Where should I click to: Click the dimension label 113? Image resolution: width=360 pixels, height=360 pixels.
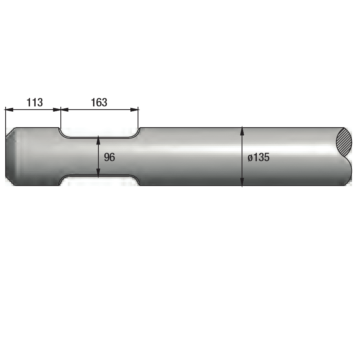(x=35, y=102)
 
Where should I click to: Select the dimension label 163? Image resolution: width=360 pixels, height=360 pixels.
(x=99, y=102)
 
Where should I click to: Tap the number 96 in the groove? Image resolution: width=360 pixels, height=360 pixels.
(x=109, y=157)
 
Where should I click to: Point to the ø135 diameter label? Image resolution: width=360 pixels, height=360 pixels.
(x=258, y=158)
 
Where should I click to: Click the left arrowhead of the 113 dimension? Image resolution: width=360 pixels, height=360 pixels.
(x=9, y=110)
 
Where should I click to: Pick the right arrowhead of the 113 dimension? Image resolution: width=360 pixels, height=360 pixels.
(x=57, y=110)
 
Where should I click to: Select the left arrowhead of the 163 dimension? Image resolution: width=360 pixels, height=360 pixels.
(x=65, y=110)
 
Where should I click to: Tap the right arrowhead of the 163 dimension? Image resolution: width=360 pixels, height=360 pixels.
(x=134, y=110)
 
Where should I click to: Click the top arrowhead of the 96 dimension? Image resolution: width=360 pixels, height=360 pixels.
(x=98, y=140)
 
